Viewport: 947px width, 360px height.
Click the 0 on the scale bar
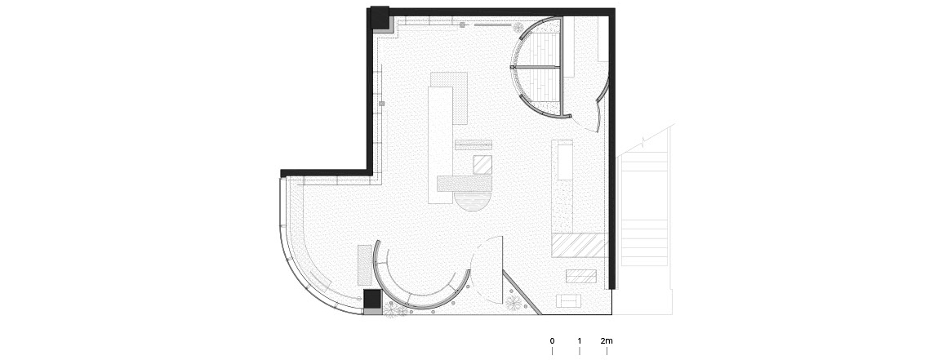pos(552,340)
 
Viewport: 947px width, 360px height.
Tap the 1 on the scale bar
pos(579,340)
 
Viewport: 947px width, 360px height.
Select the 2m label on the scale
pos(607,340)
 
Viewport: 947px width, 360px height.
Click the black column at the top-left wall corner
pos(380,17)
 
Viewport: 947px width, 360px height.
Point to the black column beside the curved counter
pos(372,299)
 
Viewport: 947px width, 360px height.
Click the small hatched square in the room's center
pos(482,165)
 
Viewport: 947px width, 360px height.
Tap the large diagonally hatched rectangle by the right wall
pos(579,245)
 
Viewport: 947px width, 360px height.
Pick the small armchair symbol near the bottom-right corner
pos(568,300)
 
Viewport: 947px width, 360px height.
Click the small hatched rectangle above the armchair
pos(581,276)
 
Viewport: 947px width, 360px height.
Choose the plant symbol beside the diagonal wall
pos(514,303)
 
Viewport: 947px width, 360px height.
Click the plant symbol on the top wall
pos(518,27)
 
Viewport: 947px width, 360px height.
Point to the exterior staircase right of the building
pos(644,208)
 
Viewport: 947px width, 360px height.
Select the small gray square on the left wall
pos(382,104)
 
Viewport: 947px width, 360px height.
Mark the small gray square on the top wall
pos(463,24)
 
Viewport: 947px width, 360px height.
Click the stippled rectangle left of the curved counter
pos(365,265)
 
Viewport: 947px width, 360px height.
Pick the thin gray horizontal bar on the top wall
pos(493,25)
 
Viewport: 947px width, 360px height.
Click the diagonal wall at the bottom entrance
pos(522,292)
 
